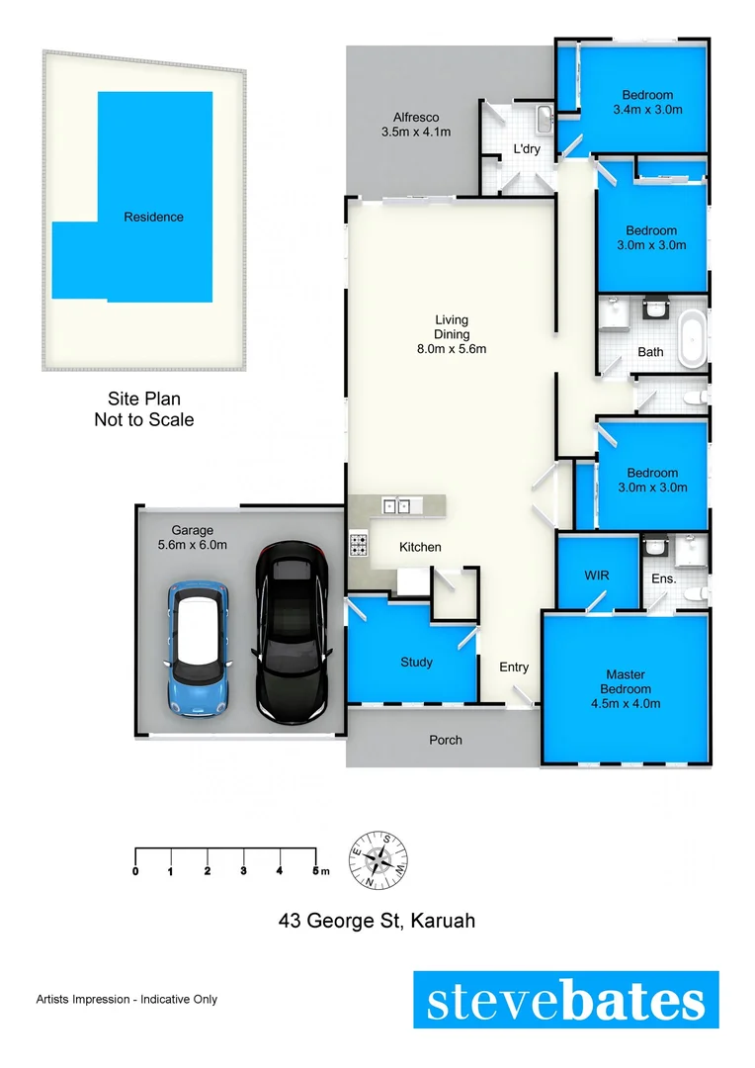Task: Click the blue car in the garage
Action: pos(199,648)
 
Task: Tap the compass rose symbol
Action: pos(378,857)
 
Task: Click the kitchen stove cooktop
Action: pos(359,543)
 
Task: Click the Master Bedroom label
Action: pos(627,689)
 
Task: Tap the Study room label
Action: pos(416,663)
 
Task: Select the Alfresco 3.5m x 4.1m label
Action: pos(416,125)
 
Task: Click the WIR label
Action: pos(596,575)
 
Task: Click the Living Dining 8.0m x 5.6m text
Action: pos(452,334)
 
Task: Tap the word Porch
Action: pos(445,740)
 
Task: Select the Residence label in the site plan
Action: pos(153,217)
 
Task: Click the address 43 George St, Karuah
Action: pos(377,921)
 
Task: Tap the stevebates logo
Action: pos(565,1001)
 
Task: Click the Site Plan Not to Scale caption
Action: pos(143,409)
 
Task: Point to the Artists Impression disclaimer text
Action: pos(126,1000)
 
